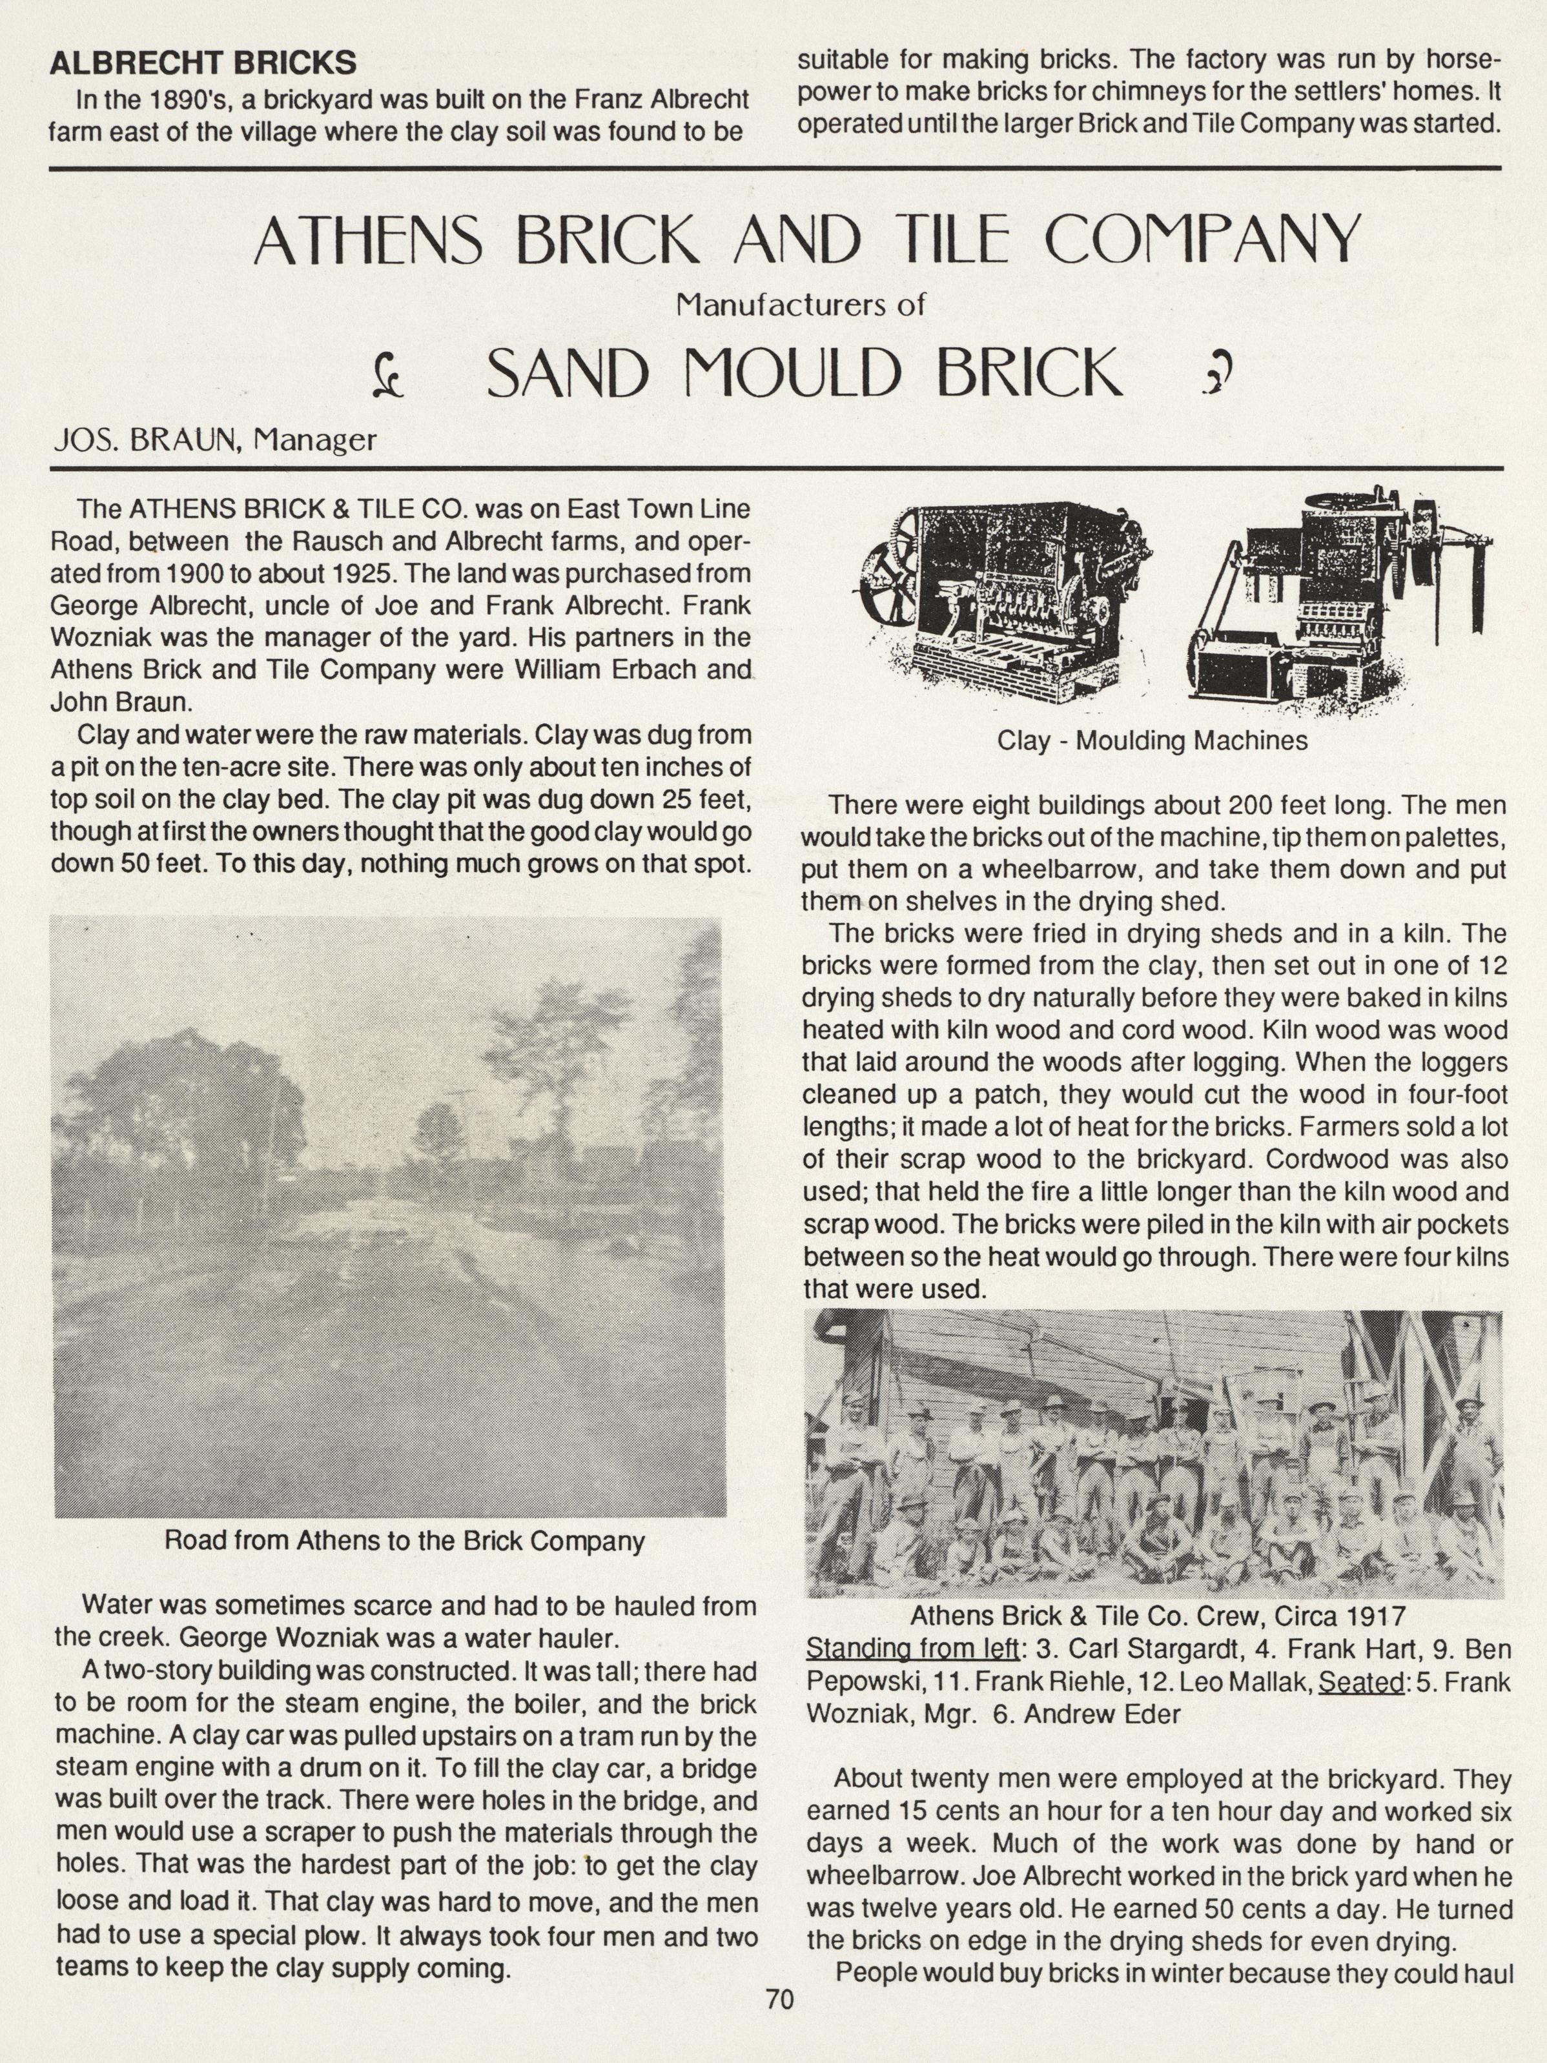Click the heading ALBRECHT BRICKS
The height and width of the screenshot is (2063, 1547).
pyautogui.click(x=203, y=63)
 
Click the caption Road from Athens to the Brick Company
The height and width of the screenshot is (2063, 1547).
pyautogui.click(x=404, y=1541)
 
